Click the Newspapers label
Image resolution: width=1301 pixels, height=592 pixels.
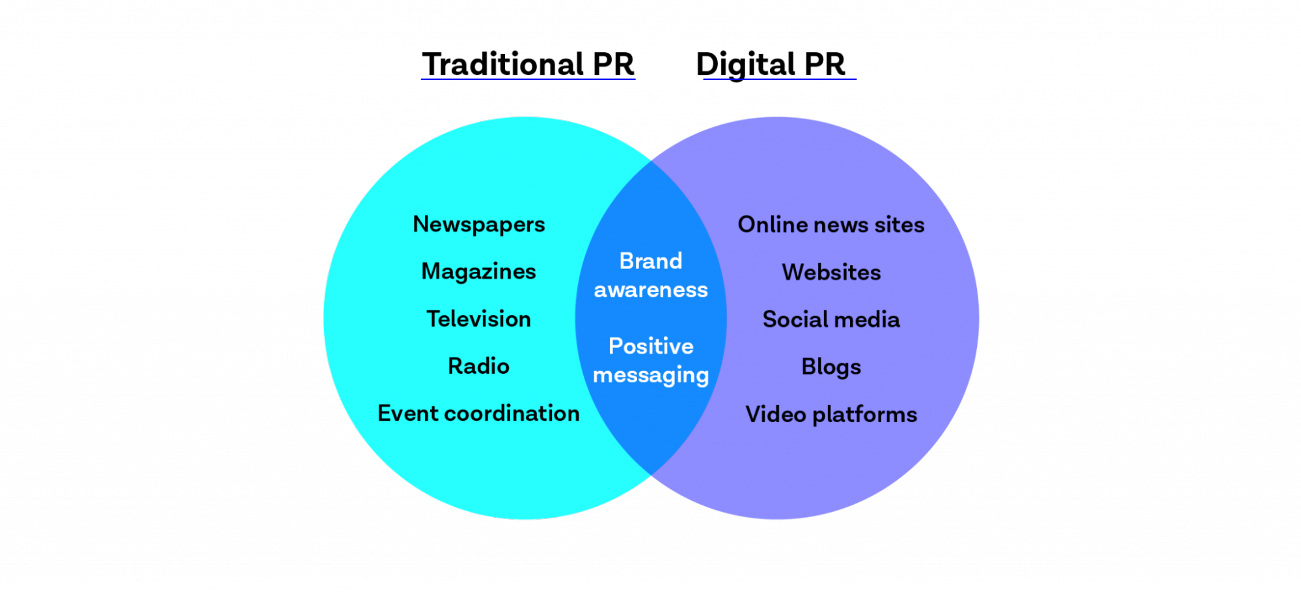479,225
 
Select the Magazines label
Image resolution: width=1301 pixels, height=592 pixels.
478,272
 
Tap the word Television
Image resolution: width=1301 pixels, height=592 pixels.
478,319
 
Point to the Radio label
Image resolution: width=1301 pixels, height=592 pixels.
478,366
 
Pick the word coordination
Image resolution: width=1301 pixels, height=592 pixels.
512,414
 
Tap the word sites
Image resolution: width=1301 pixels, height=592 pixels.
899,225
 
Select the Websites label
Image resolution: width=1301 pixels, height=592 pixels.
831,272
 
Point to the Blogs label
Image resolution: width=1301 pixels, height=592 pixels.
831,367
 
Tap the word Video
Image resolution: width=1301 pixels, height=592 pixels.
776,415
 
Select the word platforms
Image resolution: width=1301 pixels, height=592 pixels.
865,415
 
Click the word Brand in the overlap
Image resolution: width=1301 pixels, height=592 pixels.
651,261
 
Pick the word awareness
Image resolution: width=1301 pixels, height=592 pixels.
651,290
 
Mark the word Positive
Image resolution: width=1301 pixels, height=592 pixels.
651,346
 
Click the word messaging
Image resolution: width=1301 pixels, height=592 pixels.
651,376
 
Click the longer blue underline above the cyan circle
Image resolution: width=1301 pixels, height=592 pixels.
528,79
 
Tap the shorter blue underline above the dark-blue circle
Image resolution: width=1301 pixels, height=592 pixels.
780,79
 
